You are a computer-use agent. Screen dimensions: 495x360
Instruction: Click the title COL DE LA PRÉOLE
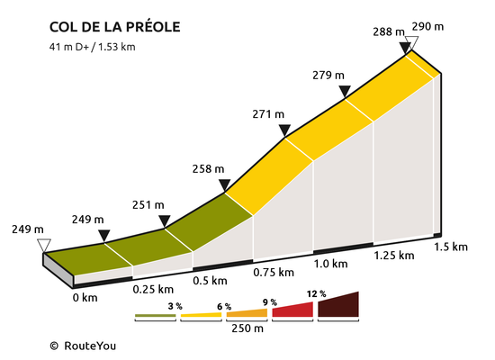pyautogui.click(x=115, y=26)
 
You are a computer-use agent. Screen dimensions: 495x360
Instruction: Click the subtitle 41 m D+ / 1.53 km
pyautogui.click(x=92, y=47)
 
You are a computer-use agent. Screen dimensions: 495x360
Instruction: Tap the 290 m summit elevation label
pyautogui.click(x=427, y=27)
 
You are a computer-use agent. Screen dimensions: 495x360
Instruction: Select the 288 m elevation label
pyautogui.click(x=389, y=31)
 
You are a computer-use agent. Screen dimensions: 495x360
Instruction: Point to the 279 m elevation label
pyautogui.click(x=328, y=76)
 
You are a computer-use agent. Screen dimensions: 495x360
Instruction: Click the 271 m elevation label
pyautogui.click(x=268, y=114)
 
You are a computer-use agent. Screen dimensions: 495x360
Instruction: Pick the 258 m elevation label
pyautogui.click(x=208, y=169)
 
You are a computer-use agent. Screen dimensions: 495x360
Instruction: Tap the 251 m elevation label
pyautogui.click(x=148, y=205)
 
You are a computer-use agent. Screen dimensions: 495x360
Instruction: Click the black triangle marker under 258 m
pyautogui.click(x=224, y=184)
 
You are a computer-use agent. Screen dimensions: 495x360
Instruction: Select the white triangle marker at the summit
pyautogui.click(x=411, y=42)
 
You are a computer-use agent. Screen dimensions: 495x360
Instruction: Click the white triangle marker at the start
pyautogui.click(x=44, y=246)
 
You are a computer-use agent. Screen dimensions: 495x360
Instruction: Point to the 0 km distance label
pyautogui.click(x=85, y=298)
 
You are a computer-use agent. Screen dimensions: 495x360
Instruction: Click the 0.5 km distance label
pyautogui.click(x=210, y=281)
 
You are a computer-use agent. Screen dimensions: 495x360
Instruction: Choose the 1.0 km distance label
pyautogui.click(x=330, y=264)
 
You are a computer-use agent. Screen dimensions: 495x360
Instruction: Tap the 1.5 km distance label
pyautogui.click(x=451, y=247)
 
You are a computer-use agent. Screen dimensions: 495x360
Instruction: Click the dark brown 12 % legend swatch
pyautogui.click(x=338, y=304)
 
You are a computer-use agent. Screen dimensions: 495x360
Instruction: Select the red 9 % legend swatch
pyautogui.click(x=292, y=310)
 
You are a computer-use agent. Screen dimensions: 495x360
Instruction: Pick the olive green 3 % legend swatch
pyautogui.click(x=156, y=316)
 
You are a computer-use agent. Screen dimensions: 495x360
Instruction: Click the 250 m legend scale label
pyautogui.click(x=247, y=328)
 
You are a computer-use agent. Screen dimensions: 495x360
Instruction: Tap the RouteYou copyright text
pyautogui.click(x=83, y=346)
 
